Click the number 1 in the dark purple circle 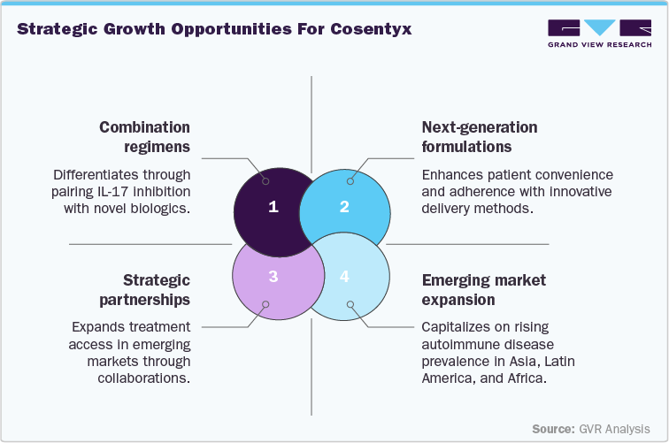pyautogui.click(x=273, y=207)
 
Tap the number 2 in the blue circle pyautogui.click(x=345, y=207)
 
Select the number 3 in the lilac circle pyautogui.click(x=273, y=277)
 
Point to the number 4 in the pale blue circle pyautogui.click(x=345, y=277)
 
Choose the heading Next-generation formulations pyautogui.click(x=479, y=136)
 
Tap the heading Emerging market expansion pyautogui.click(x=483, y=290)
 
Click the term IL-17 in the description pyautogui.click(x=157, y=192)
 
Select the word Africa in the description pyautogui.click(x=527, y=378)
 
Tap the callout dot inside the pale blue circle pyautogui.click(x=350, y=304)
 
